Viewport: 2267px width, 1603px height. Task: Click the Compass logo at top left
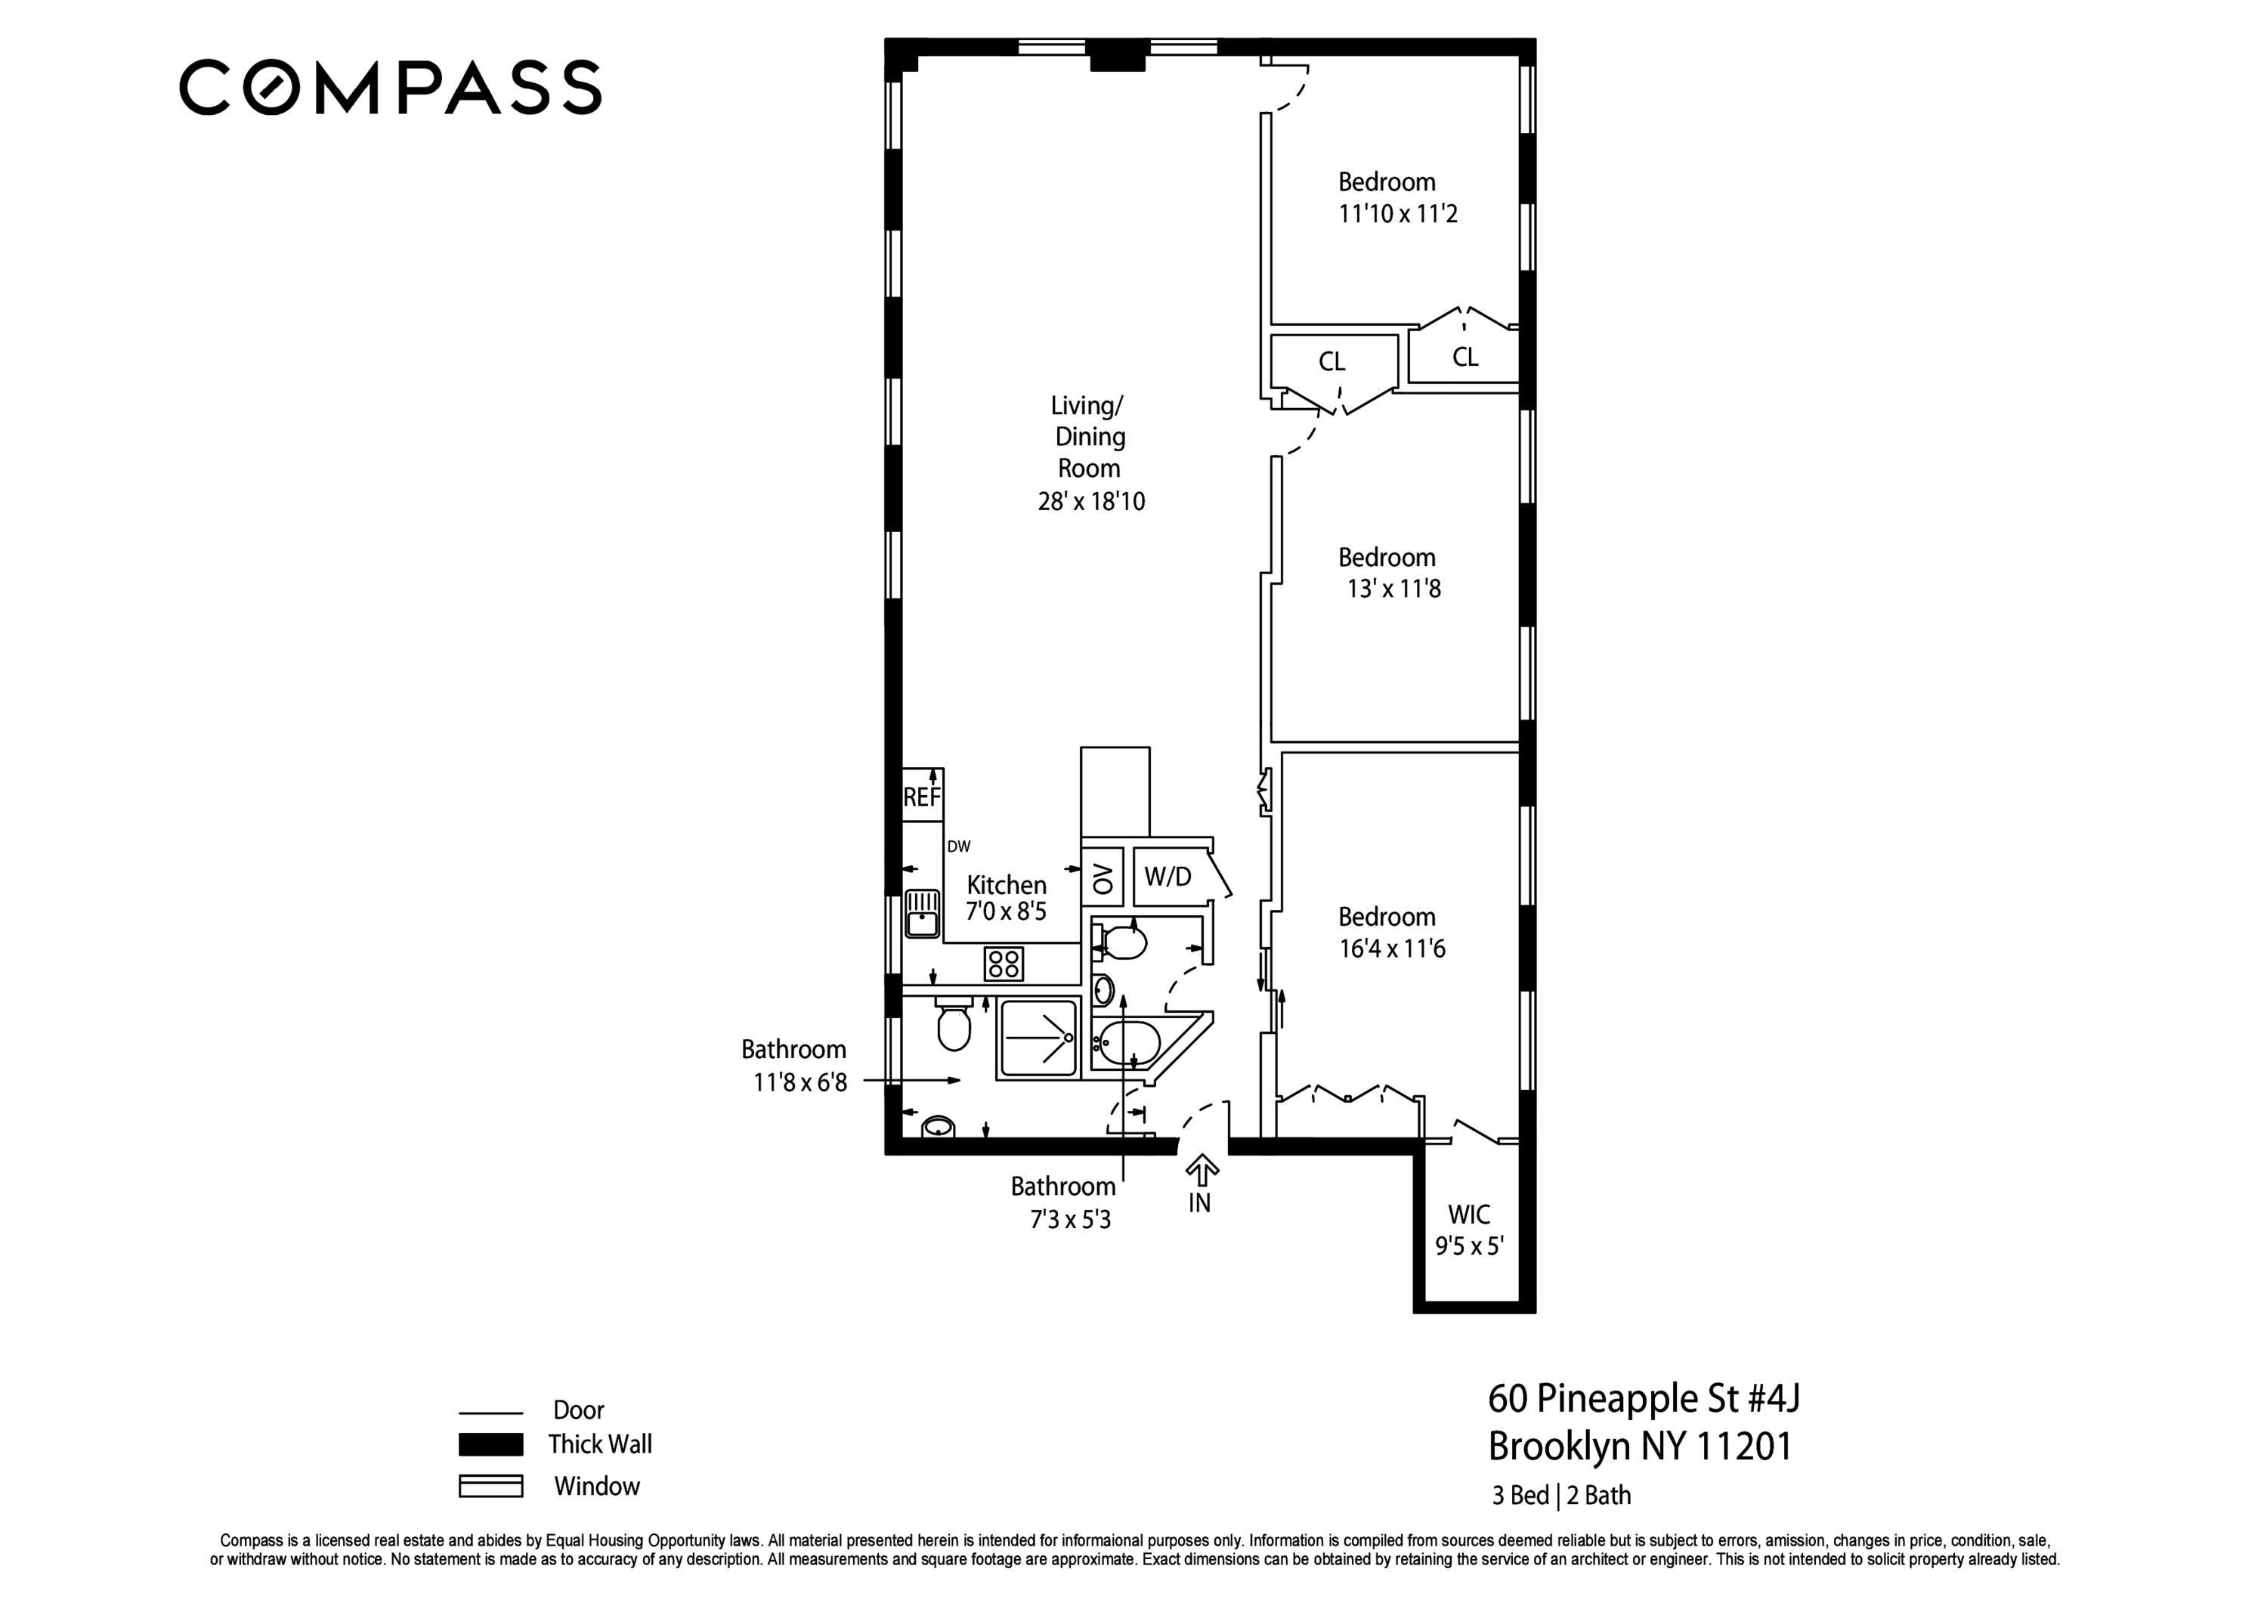coord(389,88)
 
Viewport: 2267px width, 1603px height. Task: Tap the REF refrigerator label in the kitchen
coord(922,798)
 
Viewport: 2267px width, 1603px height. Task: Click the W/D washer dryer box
coord(1169,876)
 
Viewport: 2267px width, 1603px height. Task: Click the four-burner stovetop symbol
coord(1004,964)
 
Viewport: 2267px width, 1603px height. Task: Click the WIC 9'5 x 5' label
coord(1469,1230)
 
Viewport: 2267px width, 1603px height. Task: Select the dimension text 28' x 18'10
coord(1091,502)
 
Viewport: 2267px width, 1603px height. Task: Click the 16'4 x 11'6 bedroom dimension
coord(1391,949)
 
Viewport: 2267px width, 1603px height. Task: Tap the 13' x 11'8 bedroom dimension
coord(1393,590)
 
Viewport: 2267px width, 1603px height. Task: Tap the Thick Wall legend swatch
coord(490,1445)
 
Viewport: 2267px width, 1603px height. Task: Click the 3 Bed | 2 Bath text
coord(1561,1496)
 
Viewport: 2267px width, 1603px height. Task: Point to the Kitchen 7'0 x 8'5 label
coord(1006,898)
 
